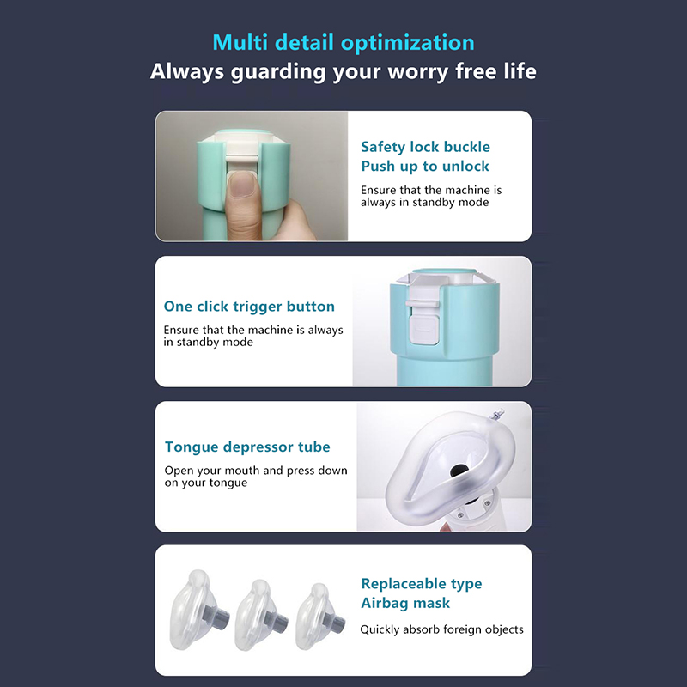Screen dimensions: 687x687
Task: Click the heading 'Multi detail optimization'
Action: pos(343,43)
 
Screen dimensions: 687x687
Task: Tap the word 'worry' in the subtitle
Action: pos(418,72)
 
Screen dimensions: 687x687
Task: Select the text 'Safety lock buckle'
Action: pos(425,147)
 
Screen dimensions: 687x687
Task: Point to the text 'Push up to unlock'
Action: pos(424,167)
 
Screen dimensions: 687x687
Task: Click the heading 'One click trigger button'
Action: pos(249,307)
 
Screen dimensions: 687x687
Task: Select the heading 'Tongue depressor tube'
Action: pos(247,447)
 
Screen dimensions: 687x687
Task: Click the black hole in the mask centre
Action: pos(459,471)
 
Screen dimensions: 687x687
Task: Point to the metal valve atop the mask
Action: pos(498,414)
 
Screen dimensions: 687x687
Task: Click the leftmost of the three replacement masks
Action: pos(198,610)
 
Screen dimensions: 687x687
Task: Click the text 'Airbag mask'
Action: pos(405,603)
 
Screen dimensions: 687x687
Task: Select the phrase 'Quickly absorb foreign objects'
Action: pos(441,629)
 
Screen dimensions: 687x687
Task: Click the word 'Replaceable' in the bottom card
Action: pos(403,584)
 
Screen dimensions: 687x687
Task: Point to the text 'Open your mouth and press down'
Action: pos(256,471)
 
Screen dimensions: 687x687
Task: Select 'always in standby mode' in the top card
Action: pos(424,203)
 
